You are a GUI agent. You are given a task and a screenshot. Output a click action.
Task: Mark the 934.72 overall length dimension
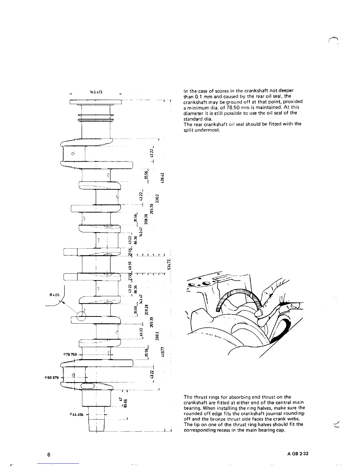pos(169,264)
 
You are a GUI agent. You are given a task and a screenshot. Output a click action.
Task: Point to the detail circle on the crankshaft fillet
pos(81,316)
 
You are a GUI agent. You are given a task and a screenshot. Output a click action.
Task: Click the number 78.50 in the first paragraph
pos(224,107)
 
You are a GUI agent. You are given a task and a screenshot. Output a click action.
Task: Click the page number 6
pos(49,455)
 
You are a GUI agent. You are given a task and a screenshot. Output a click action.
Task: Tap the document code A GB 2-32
pos(298,454)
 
